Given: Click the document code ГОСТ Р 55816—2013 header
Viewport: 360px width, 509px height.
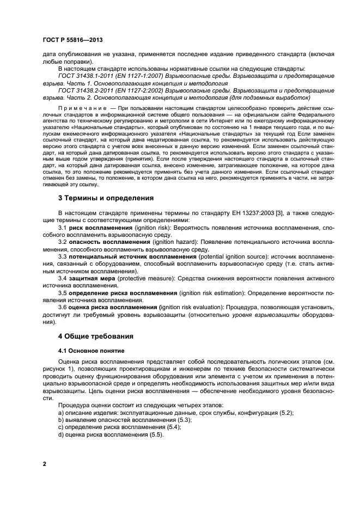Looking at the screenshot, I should point(74,40).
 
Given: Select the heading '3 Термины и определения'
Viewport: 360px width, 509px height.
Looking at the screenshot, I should point(106,198).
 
